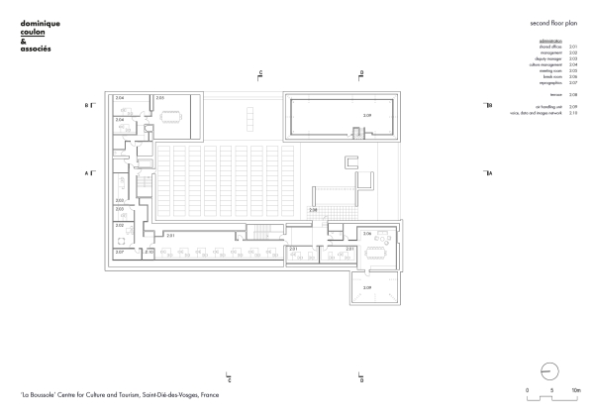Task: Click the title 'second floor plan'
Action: click(x=553, y=20)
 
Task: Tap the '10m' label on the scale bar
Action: click(x=574, y=391)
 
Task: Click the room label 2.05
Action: click(x=160, y=99)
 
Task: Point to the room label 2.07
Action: click(x=119, y=252)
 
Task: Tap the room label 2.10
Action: click(x=148, y=253)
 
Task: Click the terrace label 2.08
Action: click(x=313, y=210)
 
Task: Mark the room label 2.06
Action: click(x=367, y=234)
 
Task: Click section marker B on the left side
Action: click(x=88, y=104)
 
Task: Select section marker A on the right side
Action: click(x=489, y=173)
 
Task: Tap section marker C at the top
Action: click(x=260, y=73)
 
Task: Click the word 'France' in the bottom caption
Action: click(x=208, y=394)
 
